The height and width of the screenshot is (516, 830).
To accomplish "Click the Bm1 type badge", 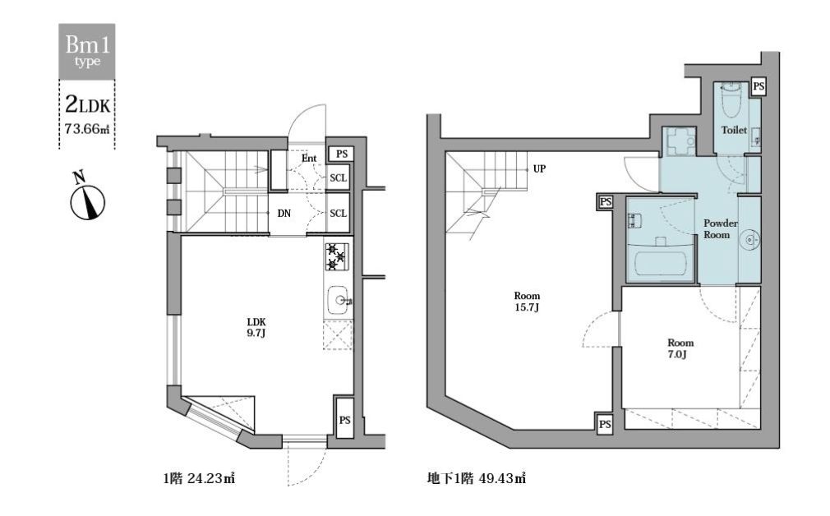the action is [x=87, y=51].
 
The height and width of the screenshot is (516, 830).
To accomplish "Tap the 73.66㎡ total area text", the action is [x=87, y=129].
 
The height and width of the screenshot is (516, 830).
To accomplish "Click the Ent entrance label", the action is [x=309, y=159].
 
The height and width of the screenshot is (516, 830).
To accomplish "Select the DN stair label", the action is [x=284, y=214].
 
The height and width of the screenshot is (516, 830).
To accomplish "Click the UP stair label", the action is [x=539, y=169].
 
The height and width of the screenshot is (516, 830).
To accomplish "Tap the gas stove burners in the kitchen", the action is [x=336, y=256].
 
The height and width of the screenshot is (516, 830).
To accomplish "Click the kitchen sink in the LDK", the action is [x=339, y=301].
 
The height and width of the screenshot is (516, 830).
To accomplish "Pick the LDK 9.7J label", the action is [x=256, y=328].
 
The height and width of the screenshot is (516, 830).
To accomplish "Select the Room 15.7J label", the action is [x=528, y=302].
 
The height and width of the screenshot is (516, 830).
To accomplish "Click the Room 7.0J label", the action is [x=680, y=348].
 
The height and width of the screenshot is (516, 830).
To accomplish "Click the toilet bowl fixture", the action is [x=732, y=100].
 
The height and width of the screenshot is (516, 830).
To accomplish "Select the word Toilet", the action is [x=734, y=130].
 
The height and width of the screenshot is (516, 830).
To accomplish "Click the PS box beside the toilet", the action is [x=759, y=86].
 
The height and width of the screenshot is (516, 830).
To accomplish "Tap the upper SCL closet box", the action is [x=339, y=178].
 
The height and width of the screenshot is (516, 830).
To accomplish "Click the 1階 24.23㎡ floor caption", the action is [x=200, y=479].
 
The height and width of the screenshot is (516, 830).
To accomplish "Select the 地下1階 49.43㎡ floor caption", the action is [x=477, y=479].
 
